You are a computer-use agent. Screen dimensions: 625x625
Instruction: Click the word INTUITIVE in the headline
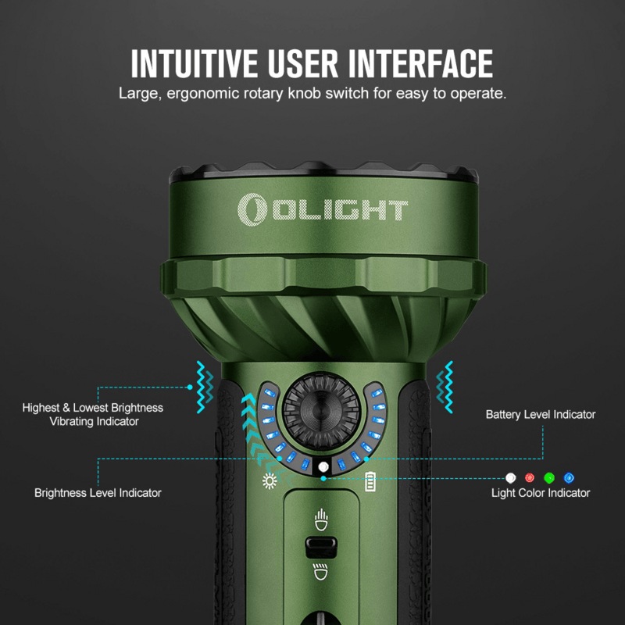coord(195,63)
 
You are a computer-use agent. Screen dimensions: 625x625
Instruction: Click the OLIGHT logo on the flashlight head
coord(323,209)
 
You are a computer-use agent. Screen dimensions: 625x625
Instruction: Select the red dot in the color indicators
coord(530,477)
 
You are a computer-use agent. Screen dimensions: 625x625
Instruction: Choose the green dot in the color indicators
coord(549,477)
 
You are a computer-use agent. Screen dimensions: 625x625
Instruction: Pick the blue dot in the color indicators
coord(569,477)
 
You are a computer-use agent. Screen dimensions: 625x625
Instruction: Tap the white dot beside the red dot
coord(511,477)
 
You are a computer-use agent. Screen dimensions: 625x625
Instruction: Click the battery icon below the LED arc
coord(370,481)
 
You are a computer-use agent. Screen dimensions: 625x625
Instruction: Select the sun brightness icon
coord(270,480)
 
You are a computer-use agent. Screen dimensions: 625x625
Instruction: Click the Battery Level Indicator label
coord(541,415)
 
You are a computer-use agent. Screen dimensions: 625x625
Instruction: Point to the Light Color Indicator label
coord(541,493)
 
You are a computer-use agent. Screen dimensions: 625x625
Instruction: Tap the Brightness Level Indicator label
coord(98,493)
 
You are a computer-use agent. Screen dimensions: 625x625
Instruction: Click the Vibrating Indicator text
coord(94,421)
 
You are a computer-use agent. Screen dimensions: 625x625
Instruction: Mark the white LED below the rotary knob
coord(323,466)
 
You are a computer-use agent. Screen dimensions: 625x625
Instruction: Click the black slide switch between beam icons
coord(321,547)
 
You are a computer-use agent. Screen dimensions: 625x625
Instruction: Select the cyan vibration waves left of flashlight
coord(205,387)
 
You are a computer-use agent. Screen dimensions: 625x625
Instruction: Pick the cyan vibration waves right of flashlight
coord(445,387)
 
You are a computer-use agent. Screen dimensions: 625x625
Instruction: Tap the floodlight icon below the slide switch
coord(321,572)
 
